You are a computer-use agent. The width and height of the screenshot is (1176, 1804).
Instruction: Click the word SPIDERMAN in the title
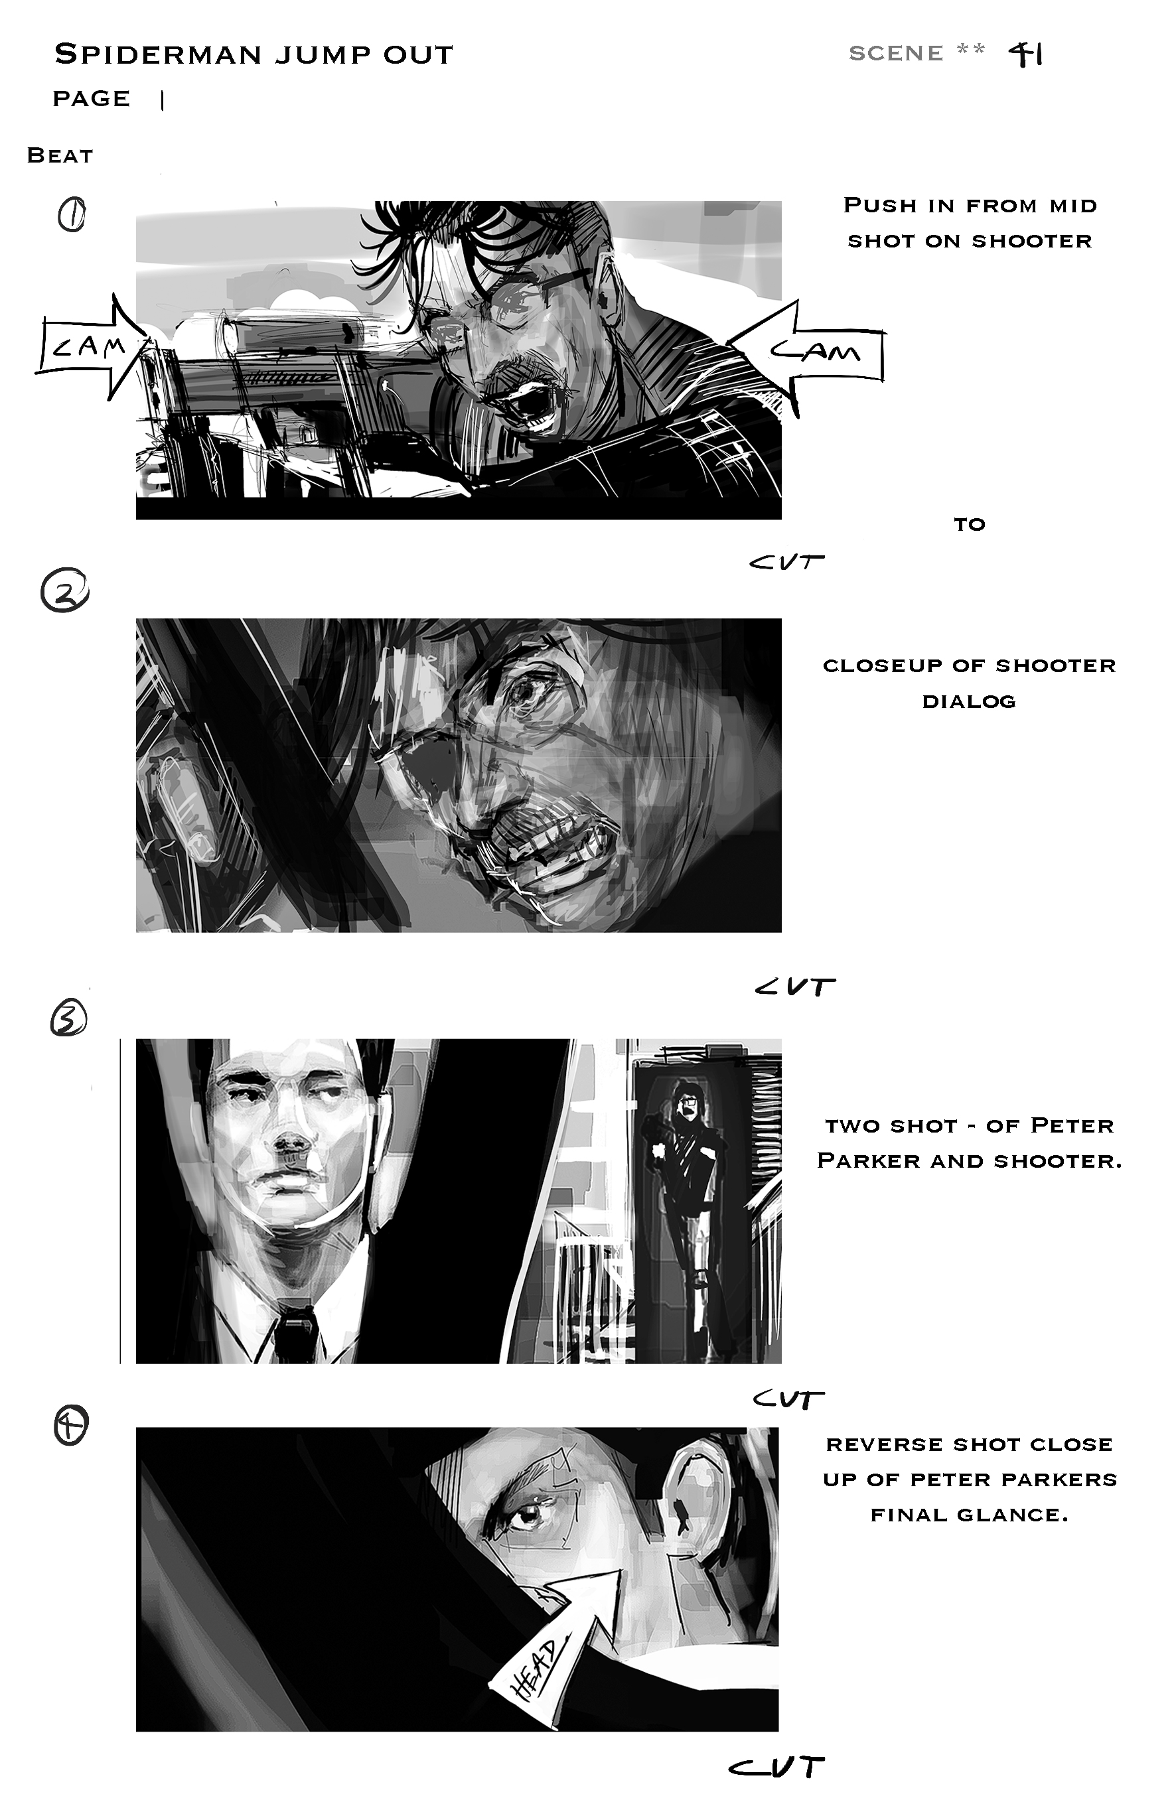click(159, 54)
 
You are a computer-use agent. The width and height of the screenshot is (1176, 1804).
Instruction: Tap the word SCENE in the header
click(895, 53)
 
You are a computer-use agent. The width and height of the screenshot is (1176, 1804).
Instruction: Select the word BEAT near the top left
click(60, 155)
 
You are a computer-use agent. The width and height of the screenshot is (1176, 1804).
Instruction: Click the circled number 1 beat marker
click(72, 215)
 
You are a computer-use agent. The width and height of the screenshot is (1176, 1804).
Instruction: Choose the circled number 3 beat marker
click(68, 1018)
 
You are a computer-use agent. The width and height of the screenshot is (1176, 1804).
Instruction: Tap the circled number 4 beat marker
click(71, 1426)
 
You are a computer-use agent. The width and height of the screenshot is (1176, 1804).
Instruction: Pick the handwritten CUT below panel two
click(794, 986)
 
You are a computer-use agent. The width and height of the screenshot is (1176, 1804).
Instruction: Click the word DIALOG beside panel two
click(968, 701)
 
